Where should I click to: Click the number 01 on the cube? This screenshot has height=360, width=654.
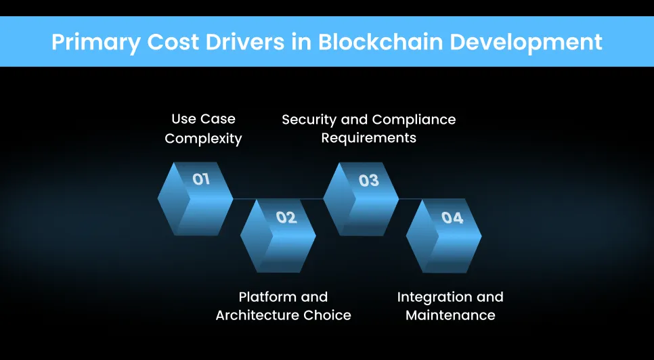[201, 179]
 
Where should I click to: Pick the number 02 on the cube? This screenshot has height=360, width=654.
[286, 217]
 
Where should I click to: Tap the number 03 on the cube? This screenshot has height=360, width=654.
[368, 181]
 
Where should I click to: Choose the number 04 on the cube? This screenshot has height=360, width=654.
[452, 218]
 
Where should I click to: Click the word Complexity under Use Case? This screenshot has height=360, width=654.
[203, 139]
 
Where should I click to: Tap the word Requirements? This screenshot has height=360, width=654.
[368, 138]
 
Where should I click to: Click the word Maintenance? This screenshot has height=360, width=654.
[450, 315]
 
